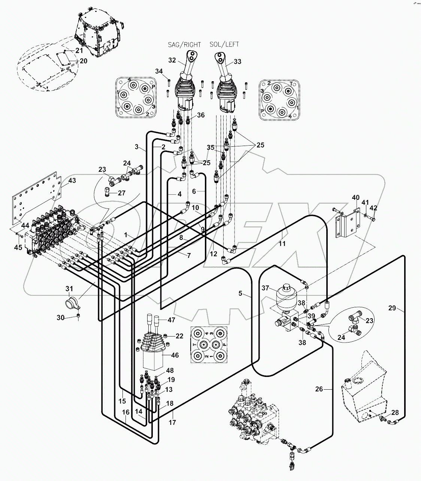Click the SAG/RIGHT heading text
tap(184, 45)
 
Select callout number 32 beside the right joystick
tap(172, 60)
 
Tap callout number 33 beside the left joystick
tap(237, 62)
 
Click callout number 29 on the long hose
tap(392, 308)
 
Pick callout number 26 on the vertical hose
tap(319, 389)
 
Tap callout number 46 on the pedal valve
tap(175, 355)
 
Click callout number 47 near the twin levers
tap(171, 320)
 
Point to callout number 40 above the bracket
tap(355, 198)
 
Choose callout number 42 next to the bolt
tap(373, 208)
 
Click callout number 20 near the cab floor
tap(83, 61)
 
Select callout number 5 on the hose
tap(240, 293)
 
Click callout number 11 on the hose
tap(282, 244)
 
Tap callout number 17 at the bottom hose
tap(173, 423)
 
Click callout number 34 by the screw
tap(159, 71)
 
